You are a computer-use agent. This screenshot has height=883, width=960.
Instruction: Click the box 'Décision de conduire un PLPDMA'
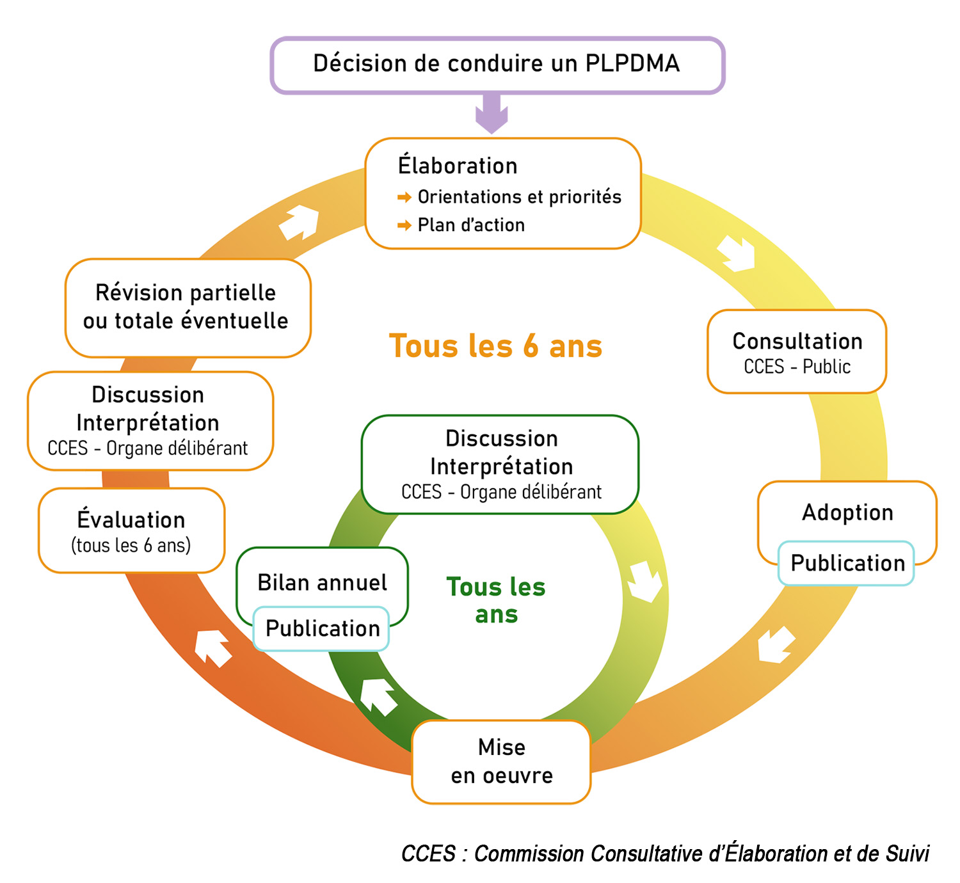point(497,65)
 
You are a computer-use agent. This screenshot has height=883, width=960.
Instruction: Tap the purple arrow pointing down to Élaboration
point(492,113)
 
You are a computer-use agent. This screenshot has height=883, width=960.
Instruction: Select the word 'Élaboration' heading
point(457,166)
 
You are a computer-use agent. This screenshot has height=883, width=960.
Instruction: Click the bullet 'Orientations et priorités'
point(519,197)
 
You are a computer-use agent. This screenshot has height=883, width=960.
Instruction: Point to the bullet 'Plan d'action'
point(470,225)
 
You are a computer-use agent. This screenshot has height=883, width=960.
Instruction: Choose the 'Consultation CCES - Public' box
point(797,352)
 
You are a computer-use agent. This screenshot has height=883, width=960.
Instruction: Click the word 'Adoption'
point(847,513)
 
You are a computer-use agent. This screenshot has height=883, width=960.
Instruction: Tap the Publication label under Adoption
point(847,563)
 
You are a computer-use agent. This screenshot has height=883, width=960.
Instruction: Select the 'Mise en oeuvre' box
point(501,761)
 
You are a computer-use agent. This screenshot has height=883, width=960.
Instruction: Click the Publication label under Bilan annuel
point(322,628)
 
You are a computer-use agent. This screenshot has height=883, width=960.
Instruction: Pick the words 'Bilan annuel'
point(322,583)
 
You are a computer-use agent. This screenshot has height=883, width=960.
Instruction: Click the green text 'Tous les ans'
point(496,600)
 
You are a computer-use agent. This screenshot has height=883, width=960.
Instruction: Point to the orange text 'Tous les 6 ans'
point(495,346)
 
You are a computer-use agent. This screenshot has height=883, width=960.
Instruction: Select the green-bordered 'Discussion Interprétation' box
point(500,465)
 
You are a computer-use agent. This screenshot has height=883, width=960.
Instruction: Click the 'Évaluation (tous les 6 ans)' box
point(131,530)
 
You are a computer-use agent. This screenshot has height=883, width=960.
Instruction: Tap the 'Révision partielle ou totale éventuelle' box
point(187,307)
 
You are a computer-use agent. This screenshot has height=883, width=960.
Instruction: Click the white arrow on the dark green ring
point(378,696)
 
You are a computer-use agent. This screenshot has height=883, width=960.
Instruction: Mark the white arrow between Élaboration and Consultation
point(737,253)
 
